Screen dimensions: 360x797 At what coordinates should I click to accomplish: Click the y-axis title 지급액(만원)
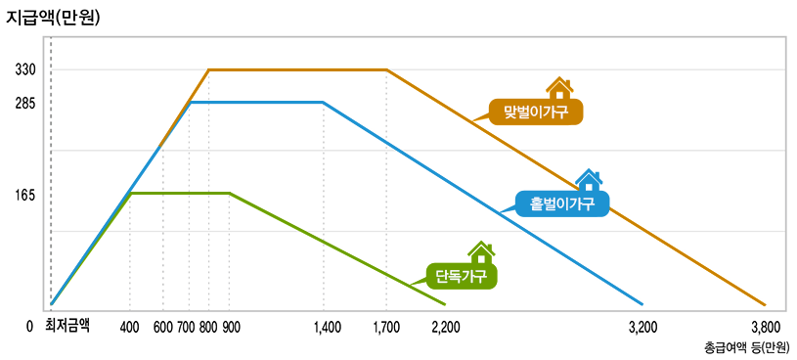click(55, 18)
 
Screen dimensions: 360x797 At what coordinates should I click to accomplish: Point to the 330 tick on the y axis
click(25, 70)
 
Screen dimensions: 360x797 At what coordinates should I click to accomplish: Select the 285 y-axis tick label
click(25, 103)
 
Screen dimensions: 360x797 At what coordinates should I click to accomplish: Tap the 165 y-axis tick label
click(25, 195)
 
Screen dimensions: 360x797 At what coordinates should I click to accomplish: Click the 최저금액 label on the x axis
click(66, 326)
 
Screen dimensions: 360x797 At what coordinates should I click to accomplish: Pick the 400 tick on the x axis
click(130, 327)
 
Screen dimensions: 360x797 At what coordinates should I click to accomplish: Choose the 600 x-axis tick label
click(163, 327)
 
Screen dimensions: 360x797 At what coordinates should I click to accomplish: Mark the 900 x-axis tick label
click(232, 327)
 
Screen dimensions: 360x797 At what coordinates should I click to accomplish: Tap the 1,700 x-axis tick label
click(386, 327)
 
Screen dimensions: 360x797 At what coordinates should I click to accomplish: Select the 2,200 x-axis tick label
click(445, 327)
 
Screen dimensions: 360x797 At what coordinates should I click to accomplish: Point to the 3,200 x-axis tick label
click(642, 327)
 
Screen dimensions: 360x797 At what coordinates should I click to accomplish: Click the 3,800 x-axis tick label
click(765, 327)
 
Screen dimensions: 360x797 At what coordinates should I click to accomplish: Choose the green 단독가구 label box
click(461, 276)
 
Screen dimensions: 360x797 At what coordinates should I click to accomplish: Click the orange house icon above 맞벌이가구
click(559, 88)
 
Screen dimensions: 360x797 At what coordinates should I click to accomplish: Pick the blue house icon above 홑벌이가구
click(589, 180)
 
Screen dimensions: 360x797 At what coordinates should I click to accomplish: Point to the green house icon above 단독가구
click(480, 252)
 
